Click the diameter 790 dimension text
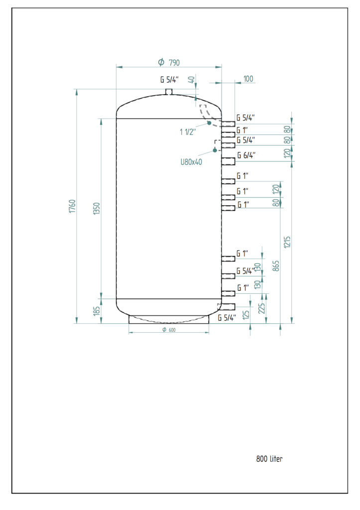click(x=169, y=62)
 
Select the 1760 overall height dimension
click(x=72, y=206)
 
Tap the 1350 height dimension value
click(x=97, y=209)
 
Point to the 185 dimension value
click(x=97, y=310)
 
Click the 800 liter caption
click(x=269, y=459)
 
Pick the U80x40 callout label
click(x=191, y=162)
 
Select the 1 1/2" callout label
click(x=188, y=131)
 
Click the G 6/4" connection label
click(x=246, y=155)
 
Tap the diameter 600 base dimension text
click(x=169, y=330)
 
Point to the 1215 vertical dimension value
click(x=287, y=243)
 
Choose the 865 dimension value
click(x=276, y=266)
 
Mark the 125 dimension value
click(x=246, y=315)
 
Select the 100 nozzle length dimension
click(x=248, y=79)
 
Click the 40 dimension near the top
click(x=192, y=80)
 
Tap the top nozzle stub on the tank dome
click(x=169, y=92)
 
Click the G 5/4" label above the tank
click(x=169, y=80)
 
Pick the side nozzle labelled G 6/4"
click(x=228, y=161)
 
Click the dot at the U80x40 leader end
click(x=215, y=150)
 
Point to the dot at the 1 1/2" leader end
click(x=210, y=123)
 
